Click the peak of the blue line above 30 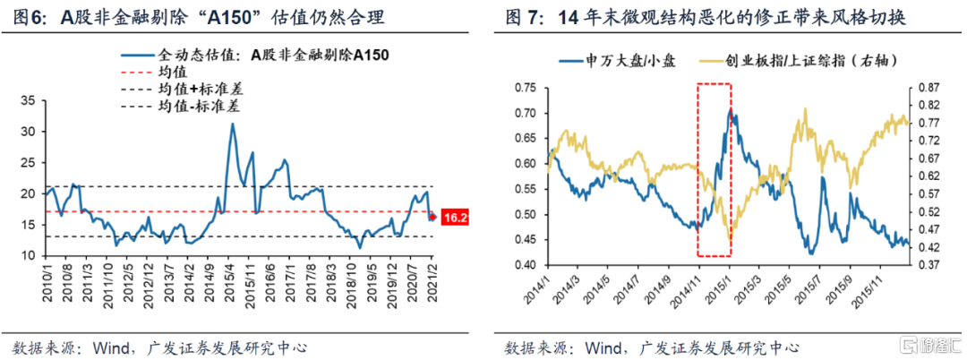tap(233, 124)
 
